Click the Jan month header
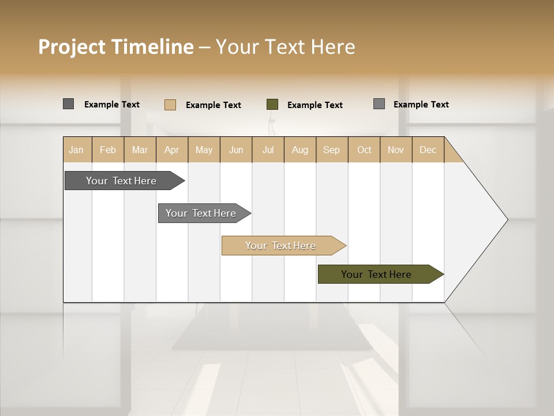77,150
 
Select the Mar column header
140,150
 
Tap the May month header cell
204,150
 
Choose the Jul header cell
268,150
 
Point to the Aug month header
300,150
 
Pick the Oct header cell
364,150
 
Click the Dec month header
428,150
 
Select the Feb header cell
108,150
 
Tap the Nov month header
395,150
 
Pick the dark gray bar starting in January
122,181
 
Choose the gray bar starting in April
201,213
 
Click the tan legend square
170,105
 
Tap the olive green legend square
272,105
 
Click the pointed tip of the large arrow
506,220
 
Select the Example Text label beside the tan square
214,105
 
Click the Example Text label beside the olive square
315,105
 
